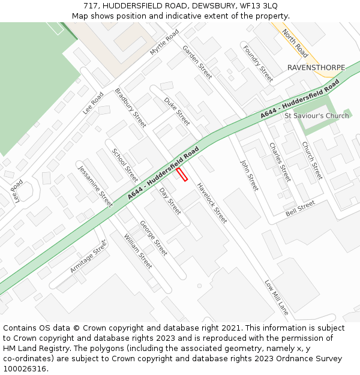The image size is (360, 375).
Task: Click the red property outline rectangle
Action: [x=182, y=175]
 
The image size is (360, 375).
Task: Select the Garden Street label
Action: [x=197, y=62]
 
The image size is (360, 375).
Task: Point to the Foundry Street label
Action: [x=258, y=64]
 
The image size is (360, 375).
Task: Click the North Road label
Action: [x=295, y=43]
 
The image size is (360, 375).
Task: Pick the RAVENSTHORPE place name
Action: [x=316, y=67]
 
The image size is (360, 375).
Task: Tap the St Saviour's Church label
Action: [x=316, y=116]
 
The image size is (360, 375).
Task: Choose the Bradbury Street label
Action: [x=130, y=108]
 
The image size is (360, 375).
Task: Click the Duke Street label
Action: [x=177, y=111]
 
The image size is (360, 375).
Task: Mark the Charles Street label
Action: [x=280, y=162]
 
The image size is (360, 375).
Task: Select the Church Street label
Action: [x=312, y=160]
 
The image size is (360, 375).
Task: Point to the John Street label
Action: [x=249, y=175]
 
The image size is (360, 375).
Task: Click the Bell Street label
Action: [x=300, y=209]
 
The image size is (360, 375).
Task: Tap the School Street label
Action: [x=125, y=165]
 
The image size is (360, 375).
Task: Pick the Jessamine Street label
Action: [x=95, y=187]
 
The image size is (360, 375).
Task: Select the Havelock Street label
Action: [x=212, y=203]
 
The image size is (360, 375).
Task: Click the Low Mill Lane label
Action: [x=277, y=297]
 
